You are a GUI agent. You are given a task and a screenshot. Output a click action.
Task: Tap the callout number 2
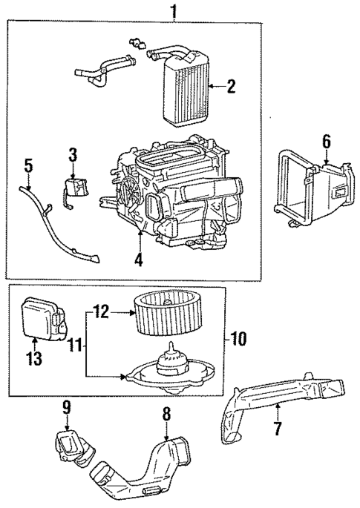coord(231,87)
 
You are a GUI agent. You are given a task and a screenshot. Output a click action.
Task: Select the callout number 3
coord(73,155)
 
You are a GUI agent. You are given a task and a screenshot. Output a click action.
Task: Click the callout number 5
coord(27,165)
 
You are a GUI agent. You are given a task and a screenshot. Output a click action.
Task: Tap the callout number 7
coord(278,429)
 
